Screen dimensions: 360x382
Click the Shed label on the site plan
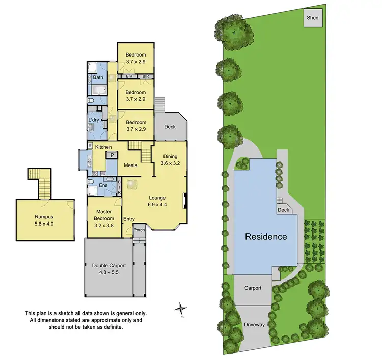tap(312, 18)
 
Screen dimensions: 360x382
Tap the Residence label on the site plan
tap(266, 237)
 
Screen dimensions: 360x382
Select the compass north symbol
tap(180, 309)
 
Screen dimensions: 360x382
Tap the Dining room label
tap(170, 157)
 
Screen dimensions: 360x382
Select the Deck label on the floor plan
tap(170, 126)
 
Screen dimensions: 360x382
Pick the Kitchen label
tap(103, 147)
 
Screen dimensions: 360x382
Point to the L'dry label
tap(94, 120)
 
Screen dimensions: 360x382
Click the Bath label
tap(98, 78)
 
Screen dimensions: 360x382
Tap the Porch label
tap(139, 230)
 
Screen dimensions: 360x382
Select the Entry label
tap(129, 219)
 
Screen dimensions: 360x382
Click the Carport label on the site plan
tap(252, 288)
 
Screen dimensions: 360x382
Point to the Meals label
tap(130, 165)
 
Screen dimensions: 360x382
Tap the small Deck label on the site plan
tap(283, 210)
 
